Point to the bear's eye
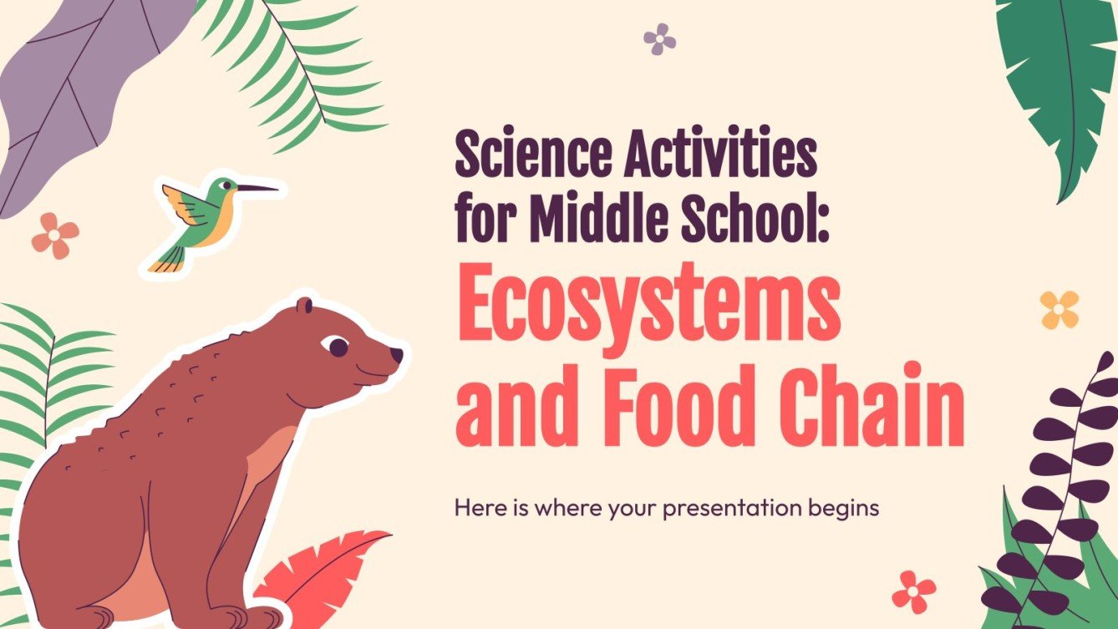pyautogui.click(x=338, y=345)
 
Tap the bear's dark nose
pyautogui.click(x=396, y=356)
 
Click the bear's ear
pyautogui.click(x=304, y=306)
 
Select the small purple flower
pyautogui.click(x=660, y=38)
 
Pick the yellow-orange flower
pyautogui.click(x=1059, y=310)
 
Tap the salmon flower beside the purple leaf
pyautogui.click(x=55, y=235)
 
